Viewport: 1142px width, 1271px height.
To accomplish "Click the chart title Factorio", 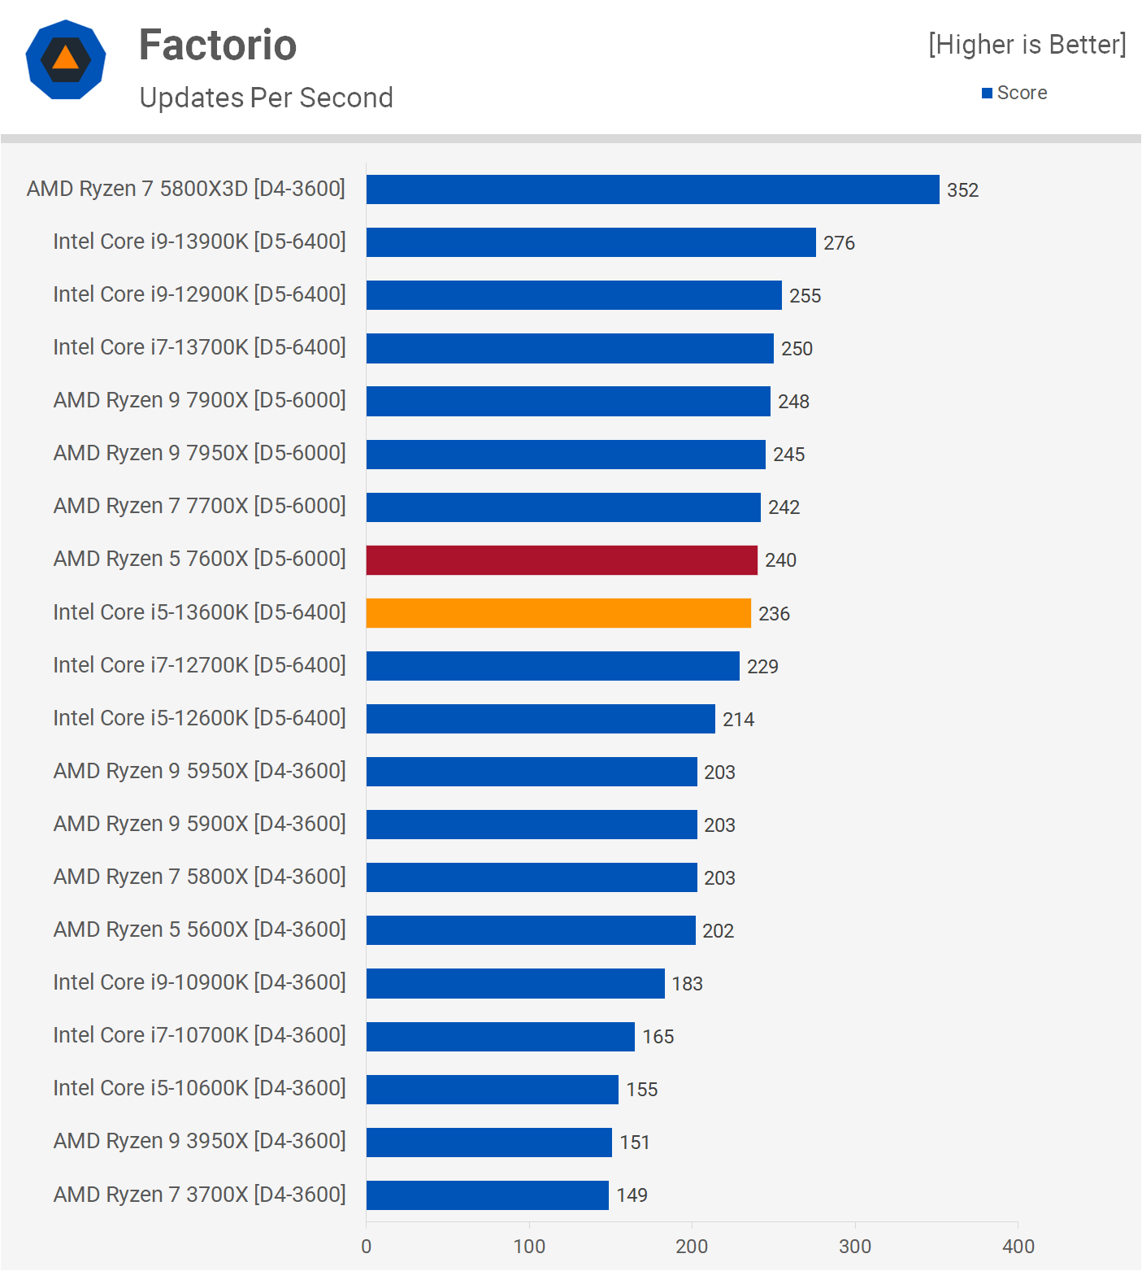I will [x=218, y=45].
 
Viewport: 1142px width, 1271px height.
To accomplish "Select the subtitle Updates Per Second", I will [x=266, y=98].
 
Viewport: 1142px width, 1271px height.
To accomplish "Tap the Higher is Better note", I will [x=1027, y=45].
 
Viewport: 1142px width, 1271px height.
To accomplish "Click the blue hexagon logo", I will [x=66, y=59].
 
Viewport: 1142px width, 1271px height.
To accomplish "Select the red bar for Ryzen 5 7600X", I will [x=562, y=560].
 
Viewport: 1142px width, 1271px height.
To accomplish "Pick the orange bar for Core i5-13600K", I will [x=558, y=613].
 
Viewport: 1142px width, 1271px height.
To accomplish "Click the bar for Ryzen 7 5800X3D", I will [x=653, y=189].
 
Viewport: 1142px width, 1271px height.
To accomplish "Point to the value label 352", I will [x=962, y=190].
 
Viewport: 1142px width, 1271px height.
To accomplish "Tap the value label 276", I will [x=839, y=243].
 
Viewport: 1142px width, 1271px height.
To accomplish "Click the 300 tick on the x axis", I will [x=855, y=1247].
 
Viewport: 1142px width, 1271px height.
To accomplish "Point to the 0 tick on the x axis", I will [x=367, y=1247].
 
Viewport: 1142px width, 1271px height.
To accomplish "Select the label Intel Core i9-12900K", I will [x=199, y=294].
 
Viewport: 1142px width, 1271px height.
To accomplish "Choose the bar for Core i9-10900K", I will [x=515, y=984].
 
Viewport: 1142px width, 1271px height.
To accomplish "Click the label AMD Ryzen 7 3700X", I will [x=199, y=1195].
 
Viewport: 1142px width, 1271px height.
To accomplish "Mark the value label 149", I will [x=632, y=1195].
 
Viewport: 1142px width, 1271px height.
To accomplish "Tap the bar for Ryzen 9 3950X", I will [x=488, y=1143].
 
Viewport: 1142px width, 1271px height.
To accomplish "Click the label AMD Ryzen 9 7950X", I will [x=199, y=453].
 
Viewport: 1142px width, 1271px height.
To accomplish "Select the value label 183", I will [x=687, y=984].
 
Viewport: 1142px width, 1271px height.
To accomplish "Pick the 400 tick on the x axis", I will [x=1018, y=1247].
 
